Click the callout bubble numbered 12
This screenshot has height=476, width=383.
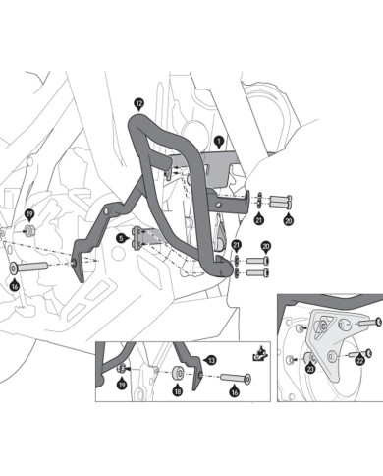(x=138, y=104)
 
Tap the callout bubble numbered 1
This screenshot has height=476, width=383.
(x=218, y=142)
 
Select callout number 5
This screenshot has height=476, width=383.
(x=121, y=238)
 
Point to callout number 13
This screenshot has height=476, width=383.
(x=211, y=361)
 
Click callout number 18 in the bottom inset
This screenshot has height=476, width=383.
(x=178, y=390)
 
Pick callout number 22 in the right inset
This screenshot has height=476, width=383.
(x=359, y=361)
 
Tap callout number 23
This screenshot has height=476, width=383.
(x=310, y=368)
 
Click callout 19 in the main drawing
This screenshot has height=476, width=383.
(x=29, y=215)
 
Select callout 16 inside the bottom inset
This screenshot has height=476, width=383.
(x=235, y=391)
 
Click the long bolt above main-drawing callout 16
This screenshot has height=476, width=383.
(x=28, y=268)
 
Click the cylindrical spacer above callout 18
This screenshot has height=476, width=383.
(x=178, y=374)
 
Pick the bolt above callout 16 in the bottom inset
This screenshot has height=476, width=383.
(x=236, y=378)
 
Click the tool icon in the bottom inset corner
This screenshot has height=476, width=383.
(x=261, y=353)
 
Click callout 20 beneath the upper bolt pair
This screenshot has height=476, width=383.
(x=288, y=220)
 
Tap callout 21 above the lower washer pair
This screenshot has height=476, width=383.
(x=236, y=245)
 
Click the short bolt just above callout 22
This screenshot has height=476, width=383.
(x=359, y=353)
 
